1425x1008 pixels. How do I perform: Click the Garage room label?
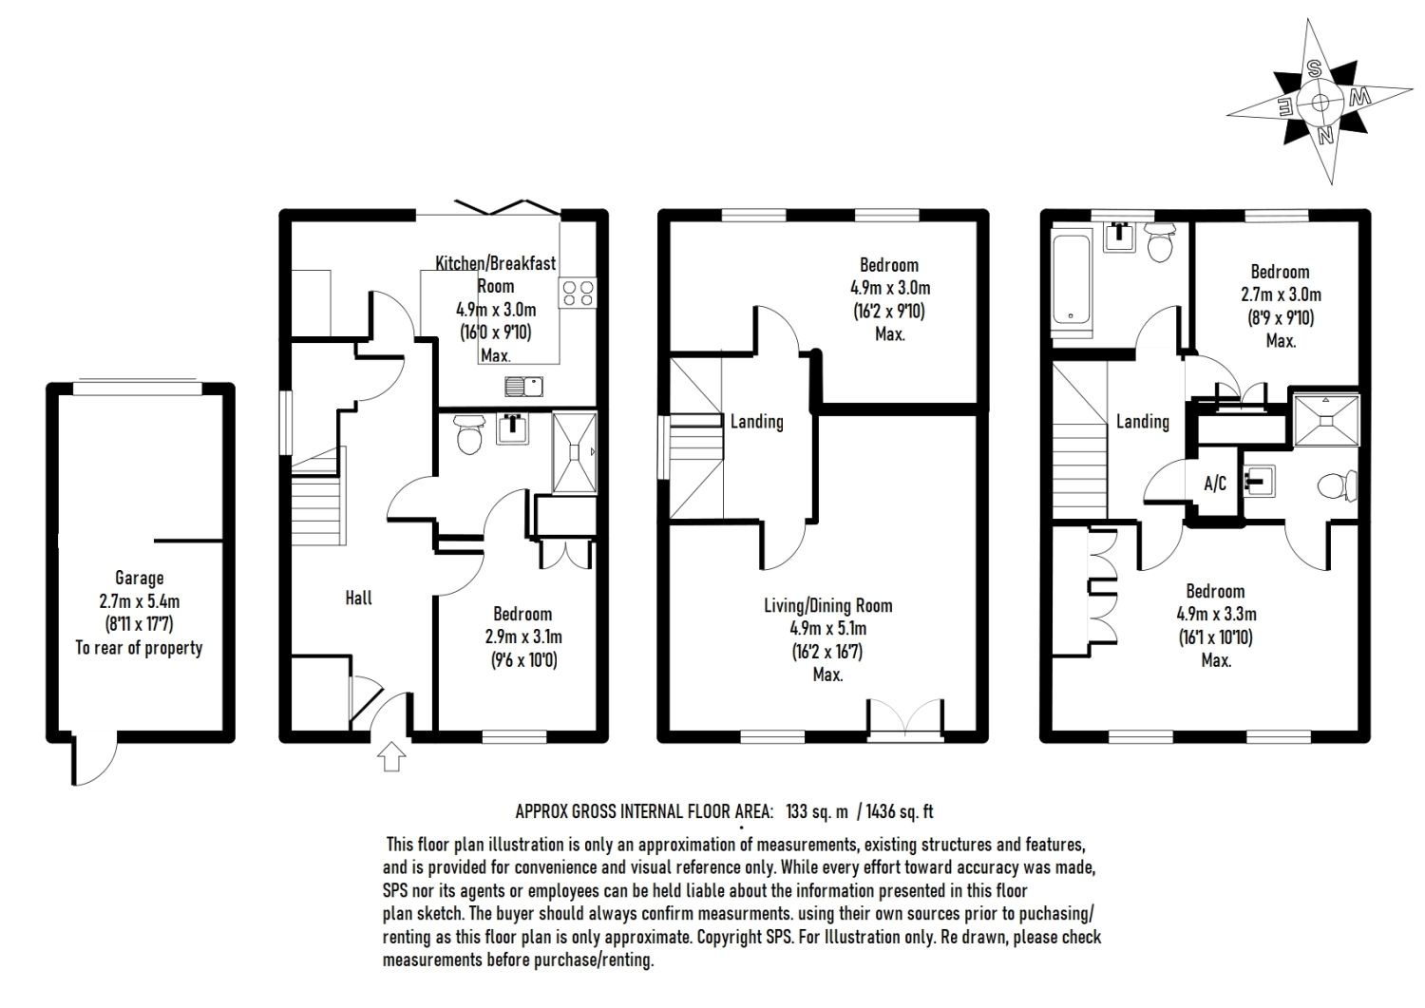(x=140, y=578)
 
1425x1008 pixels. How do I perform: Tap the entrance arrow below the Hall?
(x=392, y=758)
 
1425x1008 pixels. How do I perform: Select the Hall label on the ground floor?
(x=359, y=598)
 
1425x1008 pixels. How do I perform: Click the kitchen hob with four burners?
(x=578, y=292)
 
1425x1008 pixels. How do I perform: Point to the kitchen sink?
(x=522, y=386)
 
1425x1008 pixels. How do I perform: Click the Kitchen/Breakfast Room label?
(x=495, y=264)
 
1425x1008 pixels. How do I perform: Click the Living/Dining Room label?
(x=828, y=606)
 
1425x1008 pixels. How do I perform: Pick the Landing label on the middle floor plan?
(x=756, y=421)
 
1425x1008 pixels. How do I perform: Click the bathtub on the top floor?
(x=1072, y=279)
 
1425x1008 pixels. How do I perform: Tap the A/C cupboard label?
(x=1215, y=484)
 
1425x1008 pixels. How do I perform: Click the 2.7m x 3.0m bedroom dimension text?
(x=1280, y=295)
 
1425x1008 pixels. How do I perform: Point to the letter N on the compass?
(x=1326, y=135)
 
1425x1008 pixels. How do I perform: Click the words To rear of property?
(x=140, y=648)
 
